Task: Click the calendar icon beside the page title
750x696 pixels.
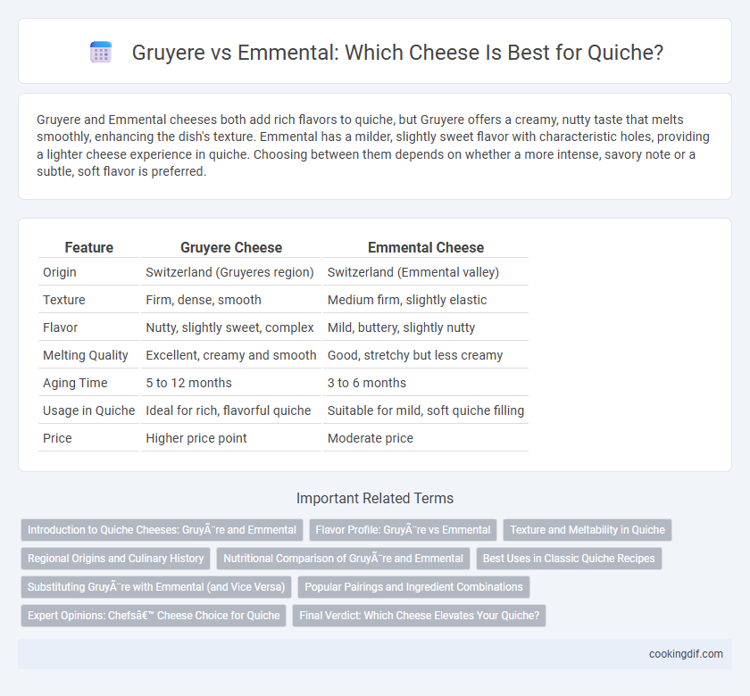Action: (x=101, y=52)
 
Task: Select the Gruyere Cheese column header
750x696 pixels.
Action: (x=231, y=248)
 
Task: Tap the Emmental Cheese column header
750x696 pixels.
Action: (x=426, y=248)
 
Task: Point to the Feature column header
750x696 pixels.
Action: (x=89, y=248)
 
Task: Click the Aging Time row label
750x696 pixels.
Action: (x=75, y=383)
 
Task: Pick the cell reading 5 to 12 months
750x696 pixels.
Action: (x=188, y=383)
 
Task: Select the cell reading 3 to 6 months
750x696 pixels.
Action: (x=367, y=383)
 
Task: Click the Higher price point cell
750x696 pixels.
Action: (x=196, y=438)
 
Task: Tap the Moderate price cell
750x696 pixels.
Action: (x=371, y=438)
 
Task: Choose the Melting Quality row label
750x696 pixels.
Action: (x=86, y=355)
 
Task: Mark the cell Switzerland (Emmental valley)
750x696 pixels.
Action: (x=413, y=272)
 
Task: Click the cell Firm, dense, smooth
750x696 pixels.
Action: (x=204, y=300)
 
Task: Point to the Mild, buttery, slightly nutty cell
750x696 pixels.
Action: (x=401, y=327)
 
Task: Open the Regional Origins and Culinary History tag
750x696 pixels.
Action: (x=116, y=559)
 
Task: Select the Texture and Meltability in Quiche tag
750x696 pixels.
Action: (x=587, y=530)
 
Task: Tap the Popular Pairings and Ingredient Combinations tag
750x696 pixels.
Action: (x=413, y=587)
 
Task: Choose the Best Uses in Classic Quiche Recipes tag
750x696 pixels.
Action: (x=569, y=559)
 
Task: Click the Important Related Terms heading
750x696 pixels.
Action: (x=375, y=498)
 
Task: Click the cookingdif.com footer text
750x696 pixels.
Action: (x=686, y=654)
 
